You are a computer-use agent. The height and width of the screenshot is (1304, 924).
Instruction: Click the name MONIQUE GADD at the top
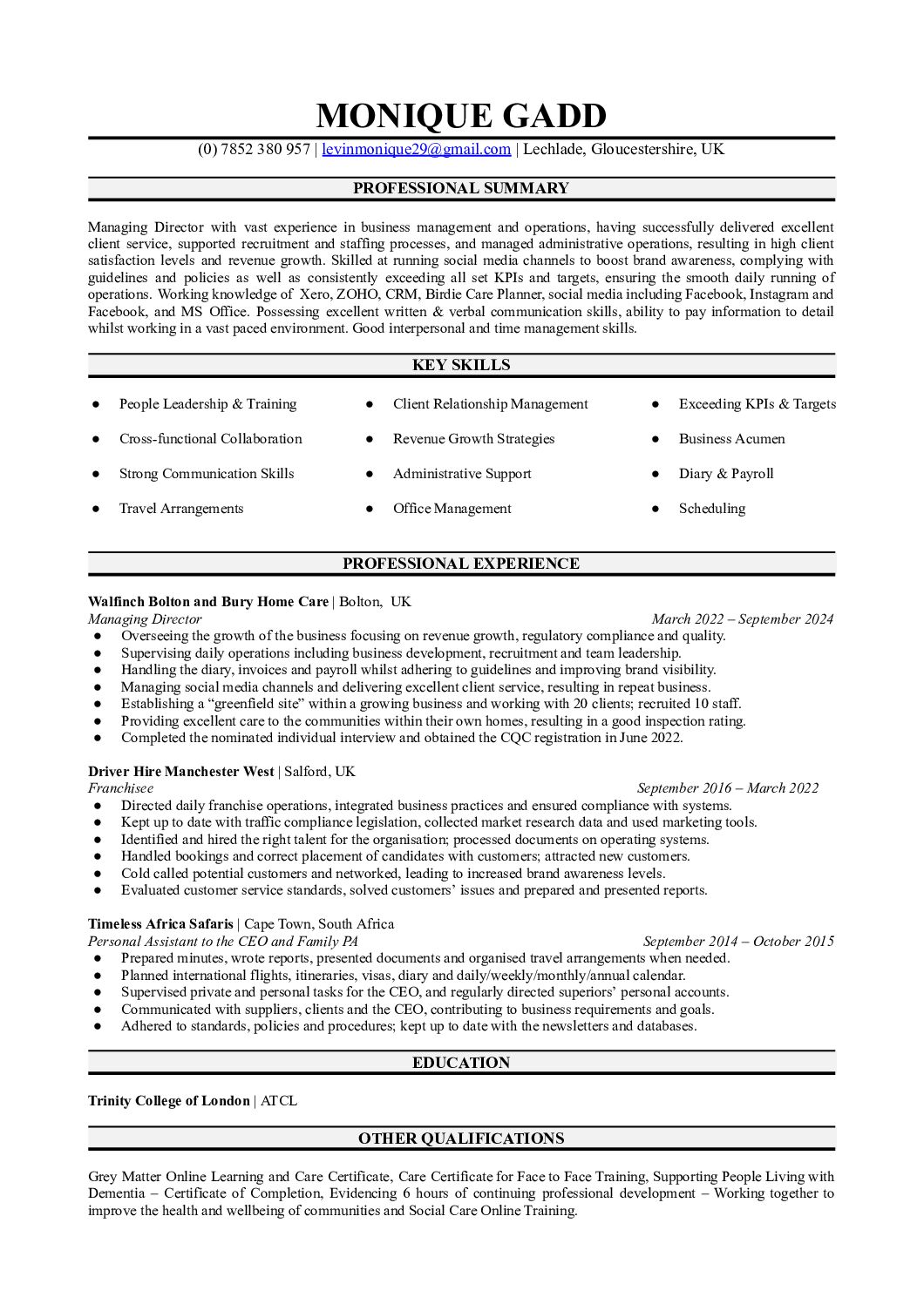point(461,115)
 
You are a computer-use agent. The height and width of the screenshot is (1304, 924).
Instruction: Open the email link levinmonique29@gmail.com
point(416,149)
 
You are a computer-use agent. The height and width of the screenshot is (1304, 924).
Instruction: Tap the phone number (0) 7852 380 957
point(254,149)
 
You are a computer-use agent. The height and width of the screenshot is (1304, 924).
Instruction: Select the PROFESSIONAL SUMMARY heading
point(461,188)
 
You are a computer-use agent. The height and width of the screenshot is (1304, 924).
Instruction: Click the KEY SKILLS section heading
point(461,365)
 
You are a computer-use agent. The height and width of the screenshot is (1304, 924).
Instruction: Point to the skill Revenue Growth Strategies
point(473,439)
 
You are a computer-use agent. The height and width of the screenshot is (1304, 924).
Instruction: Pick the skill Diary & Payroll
point(726,474)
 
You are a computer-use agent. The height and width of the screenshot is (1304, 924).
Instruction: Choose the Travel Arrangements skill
point(181,509)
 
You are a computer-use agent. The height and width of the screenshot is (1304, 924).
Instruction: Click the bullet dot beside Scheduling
point(653,509)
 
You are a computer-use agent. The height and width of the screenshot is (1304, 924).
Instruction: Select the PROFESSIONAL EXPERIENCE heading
point(461,564)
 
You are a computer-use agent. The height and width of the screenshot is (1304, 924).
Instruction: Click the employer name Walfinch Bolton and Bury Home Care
point(208,602)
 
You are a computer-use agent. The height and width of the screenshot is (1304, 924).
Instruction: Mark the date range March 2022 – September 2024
point(742,619)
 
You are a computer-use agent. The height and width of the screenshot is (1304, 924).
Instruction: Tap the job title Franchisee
point(120,788)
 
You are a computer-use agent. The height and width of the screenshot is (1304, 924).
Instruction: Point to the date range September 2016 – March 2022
point(728,788)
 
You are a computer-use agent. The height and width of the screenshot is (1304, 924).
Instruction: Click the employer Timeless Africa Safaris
point(160,924)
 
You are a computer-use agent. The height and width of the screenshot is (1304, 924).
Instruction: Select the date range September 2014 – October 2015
point(738,942)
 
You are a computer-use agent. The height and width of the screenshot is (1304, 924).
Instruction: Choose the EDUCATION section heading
point(461,1063)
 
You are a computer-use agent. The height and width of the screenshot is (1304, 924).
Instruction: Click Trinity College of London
point(168,1101)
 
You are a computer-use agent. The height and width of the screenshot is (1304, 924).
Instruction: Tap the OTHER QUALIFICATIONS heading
point(461,1138)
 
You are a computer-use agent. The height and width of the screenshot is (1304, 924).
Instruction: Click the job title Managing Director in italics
point(145,619)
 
